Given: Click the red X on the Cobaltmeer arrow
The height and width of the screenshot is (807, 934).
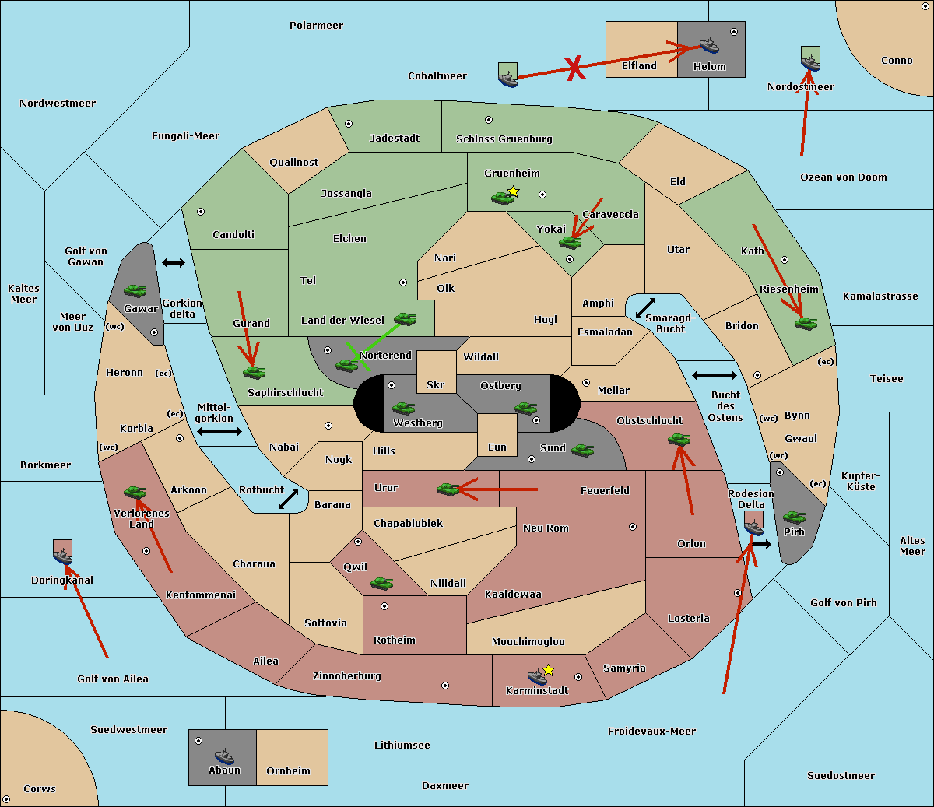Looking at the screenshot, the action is (x=574, y=68).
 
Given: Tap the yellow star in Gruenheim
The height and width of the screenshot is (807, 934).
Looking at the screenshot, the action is (x=514, y=191).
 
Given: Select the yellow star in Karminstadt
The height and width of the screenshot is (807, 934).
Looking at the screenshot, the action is (x=548, y=670).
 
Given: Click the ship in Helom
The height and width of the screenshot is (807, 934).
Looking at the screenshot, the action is (x=709, y=45).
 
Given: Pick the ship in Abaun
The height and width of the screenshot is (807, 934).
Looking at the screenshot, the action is (x=225, y=756).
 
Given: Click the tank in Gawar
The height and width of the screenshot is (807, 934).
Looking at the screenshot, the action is (x=135, y=290).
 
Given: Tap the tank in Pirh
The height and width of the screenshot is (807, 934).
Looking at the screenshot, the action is (x=794, y=517).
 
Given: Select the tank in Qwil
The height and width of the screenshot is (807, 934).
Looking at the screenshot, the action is (x=382, y=583).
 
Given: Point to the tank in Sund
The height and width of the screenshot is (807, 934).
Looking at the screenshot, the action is (x=582, y=451).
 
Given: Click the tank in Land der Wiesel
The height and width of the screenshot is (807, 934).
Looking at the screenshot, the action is (x=405, y=318).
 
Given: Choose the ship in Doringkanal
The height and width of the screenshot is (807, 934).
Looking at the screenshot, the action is (x=63, y=556).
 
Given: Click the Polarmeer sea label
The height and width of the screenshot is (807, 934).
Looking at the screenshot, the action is (x=316, y=26).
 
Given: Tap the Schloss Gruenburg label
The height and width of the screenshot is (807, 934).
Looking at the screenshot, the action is (x=504, y=139).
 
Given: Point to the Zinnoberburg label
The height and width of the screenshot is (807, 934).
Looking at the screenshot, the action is (x=347, y=676).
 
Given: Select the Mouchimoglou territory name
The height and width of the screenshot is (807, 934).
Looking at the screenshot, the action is (x=528, y=641).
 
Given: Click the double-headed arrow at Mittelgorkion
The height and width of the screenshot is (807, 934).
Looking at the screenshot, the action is (x=219, y=431).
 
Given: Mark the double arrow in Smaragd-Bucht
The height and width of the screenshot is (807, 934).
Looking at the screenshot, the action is (x=645, y=307).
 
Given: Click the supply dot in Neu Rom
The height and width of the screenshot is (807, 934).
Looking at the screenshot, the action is (x=633, y=527).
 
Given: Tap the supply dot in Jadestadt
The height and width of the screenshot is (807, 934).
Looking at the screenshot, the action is (x=349, y=124).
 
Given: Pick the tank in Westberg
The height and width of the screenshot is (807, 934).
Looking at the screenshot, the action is (x=403, y=408).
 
